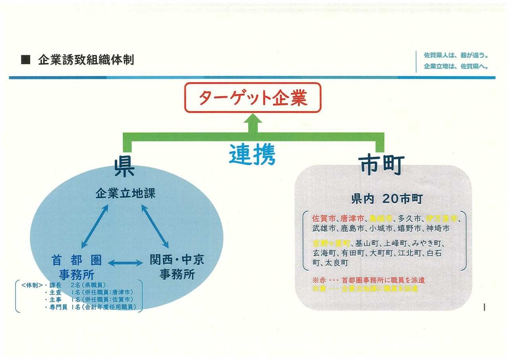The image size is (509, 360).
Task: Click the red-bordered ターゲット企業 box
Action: [x=253, y=97]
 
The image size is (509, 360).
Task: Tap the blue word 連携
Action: [x=252, y=155]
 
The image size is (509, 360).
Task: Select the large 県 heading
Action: [x=124, y=167]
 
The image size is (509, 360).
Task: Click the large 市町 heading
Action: [x=381, y=164]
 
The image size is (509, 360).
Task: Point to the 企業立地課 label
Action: [x=125, y=194]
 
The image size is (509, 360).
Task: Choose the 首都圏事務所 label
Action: [x=76, y=267]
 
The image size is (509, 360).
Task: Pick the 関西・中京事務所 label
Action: [x=177, y=267]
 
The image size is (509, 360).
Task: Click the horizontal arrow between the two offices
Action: [x=125, y=263]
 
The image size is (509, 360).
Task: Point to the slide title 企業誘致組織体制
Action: [x=86, y=60]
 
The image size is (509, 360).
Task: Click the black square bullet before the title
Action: [x=25, y=60]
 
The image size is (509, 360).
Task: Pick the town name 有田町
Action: [x=352, y=253]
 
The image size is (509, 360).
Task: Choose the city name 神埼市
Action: [x=437, y=228]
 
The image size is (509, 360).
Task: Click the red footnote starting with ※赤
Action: [x=369, y=280]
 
